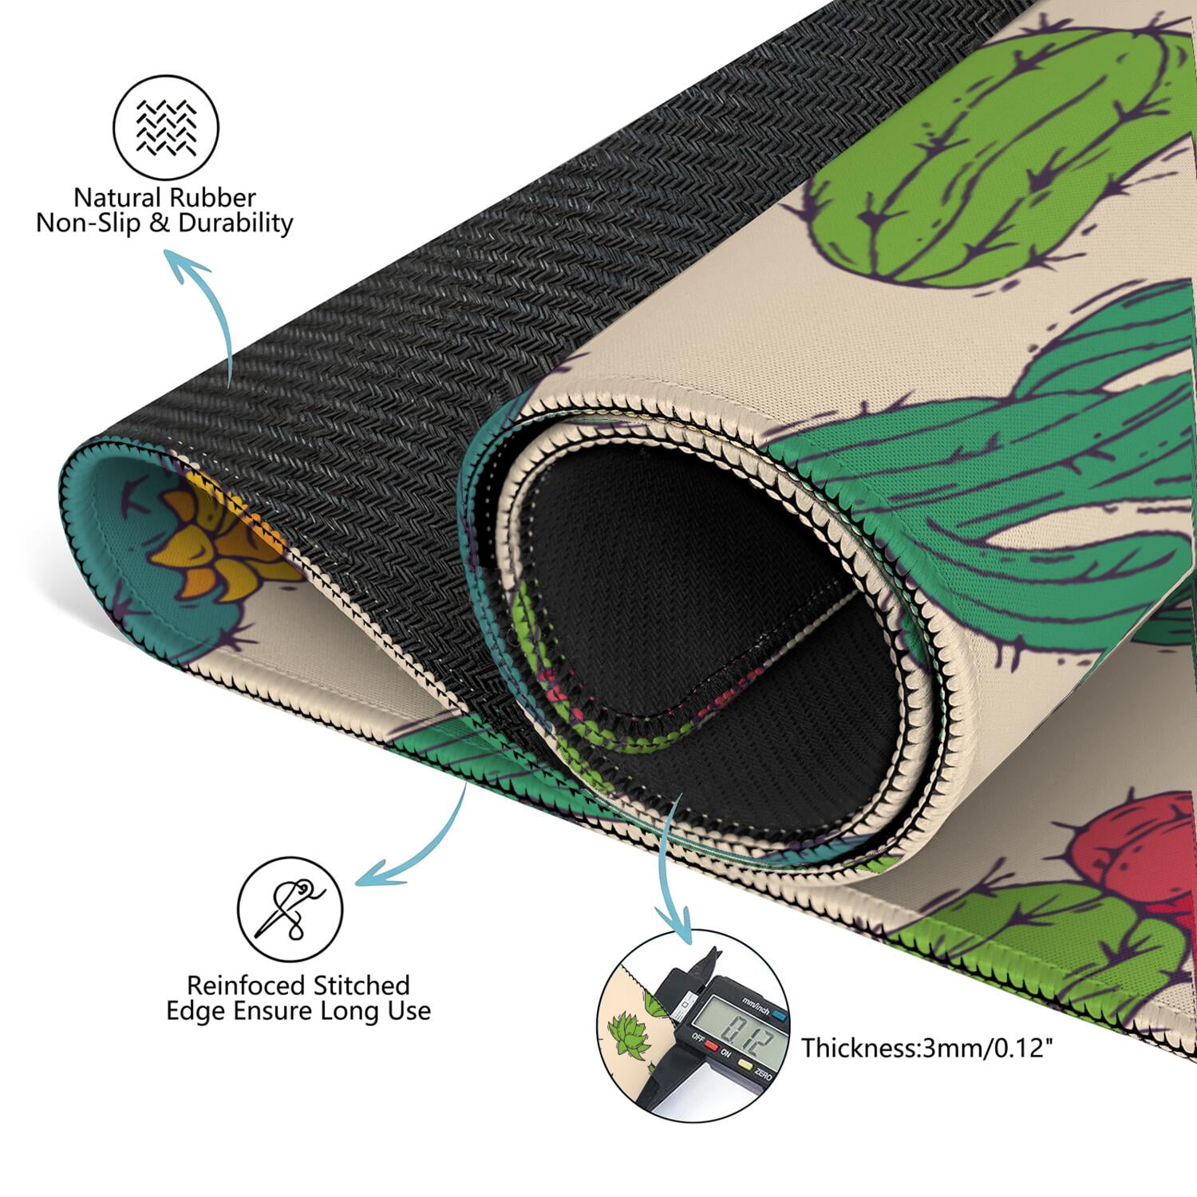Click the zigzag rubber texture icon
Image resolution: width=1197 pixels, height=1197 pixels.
click(166, 128)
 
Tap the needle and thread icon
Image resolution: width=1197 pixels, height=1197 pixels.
click(290, 909)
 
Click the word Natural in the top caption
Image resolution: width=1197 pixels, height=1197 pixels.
click(117, 197)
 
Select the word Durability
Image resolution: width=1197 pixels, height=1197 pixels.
click(236, 223)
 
